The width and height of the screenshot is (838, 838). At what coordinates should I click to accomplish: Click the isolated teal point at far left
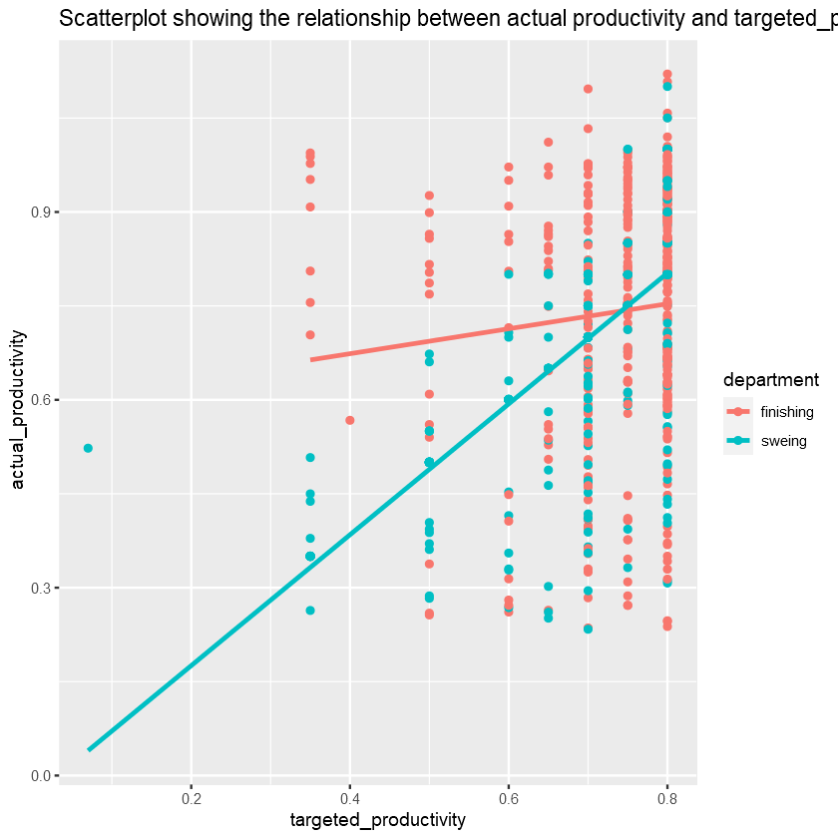pos(88,448)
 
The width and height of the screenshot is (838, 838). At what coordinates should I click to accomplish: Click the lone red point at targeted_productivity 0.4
pos(349,420)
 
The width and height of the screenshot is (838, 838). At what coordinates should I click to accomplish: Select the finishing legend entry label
pos(787,411)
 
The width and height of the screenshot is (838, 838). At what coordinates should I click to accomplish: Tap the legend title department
pos(771,380)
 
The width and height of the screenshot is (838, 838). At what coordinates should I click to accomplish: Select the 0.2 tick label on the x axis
pos(191,799)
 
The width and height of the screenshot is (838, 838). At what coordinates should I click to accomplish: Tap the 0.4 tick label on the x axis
pos(349,799)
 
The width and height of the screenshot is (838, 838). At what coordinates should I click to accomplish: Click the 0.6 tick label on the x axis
pos(509,799)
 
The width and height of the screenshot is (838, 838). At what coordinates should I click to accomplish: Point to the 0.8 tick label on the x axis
pos(667,799)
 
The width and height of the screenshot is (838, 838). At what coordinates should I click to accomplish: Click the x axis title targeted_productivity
pos(377,820)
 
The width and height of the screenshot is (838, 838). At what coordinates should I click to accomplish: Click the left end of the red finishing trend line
pos(311,359)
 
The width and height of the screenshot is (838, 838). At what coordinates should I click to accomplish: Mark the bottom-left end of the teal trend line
pos(89,749)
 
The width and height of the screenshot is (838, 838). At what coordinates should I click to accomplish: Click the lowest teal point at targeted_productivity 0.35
pos(310,611)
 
